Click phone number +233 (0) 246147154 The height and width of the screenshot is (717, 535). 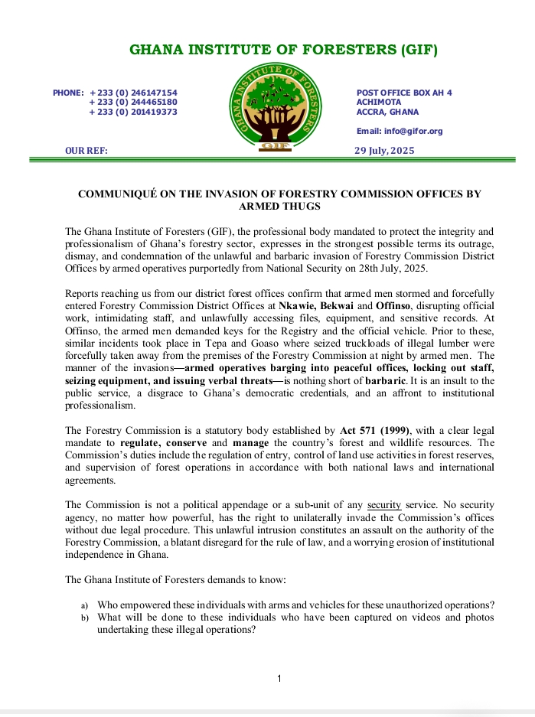point(133,93)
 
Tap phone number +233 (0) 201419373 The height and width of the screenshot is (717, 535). point(133,112)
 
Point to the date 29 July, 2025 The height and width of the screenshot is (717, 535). point(384,151)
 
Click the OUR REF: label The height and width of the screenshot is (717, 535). point(86,151)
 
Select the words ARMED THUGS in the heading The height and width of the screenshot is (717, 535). point(279,207)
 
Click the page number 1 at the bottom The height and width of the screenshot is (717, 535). point(279,679)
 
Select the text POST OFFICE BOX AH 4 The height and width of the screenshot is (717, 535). point(404,93)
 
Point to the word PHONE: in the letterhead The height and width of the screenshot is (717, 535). point(68,93)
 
